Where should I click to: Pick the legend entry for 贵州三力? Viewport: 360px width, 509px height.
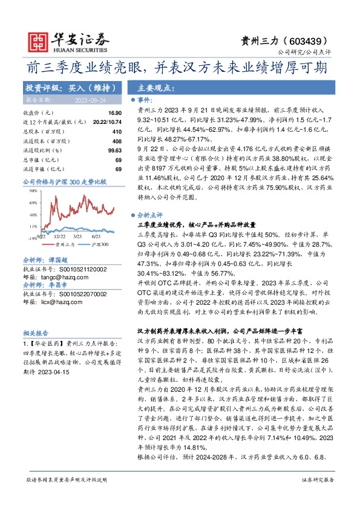65,245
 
